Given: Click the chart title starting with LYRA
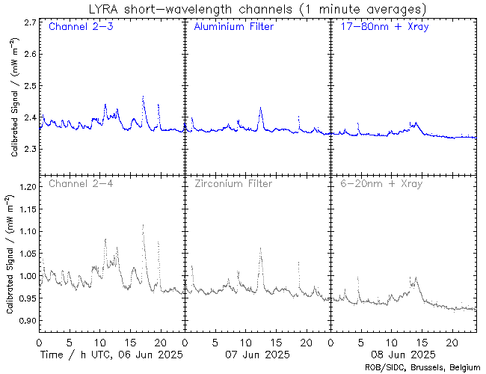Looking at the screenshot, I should click(x=256, y=9).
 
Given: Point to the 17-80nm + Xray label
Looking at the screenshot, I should click(x=380, y=27).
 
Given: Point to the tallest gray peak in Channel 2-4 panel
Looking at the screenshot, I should click(x=143, y=225).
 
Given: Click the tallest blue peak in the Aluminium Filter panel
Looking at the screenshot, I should click(x=260, y=108).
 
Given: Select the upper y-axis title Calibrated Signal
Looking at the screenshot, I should click(x=14, y=105).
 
